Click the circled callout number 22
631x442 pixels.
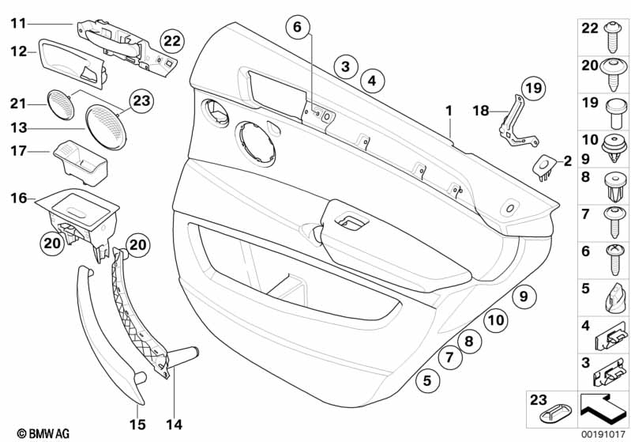[172, 40]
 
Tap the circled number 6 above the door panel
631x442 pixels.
[297, 28]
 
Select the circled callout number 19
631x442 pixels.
[534, 89]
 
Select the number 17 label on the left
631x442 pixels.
[19, 150]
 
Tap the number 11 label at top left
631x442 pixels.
[19, 24]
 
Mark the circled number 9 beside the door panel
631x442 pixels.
[520, 297]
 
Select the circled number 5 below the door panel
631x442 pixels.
[427, 380]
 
